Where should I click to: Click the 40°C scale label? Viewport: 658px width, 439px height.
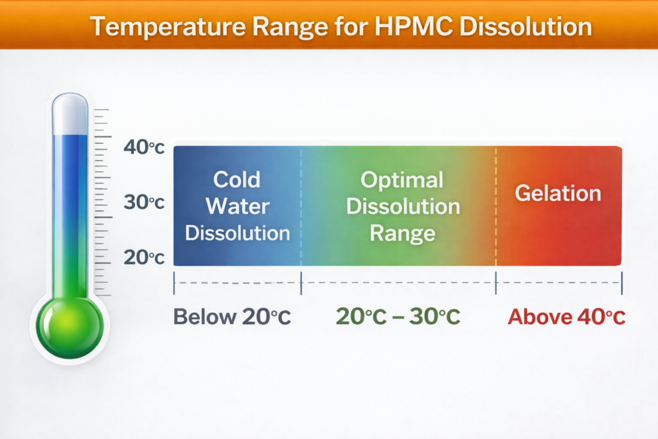pyautogui.click(x=144, y=148)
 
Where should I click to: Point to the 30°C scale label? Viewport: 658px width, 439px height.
pyautogui.click(x=144, y=202)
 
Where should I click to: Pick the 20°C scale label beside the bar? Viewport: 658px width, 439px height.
pyautogui.click(x=144, y=258)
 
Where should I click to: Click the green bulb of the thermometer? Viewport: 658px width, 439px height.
pyautogui.click(x=70, y=321)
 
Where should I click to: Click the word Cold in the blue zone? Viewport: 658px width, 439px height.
pyautogui.click(x=236, y=179)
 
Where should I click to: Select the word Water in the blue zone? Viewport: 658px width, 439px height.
pyautogui.click(x=237, y=206)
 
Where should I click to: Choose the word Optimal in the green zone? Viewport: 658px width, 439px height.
pyautogui.click(x=402, y=179)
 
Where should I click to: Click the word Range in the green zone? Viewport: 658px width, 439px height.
pyautogui.click(x=402, y=233)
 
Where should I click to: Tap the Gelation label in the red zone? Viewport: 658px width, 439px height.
pyautogui.click(x=558, y=193)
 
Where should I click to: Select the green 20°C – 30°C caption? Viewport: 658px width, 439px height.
pyautogui.click(x=398, y=317)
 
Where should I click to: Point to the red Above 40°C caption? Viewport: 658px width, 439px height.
pyautogui.click(x=566, y=317)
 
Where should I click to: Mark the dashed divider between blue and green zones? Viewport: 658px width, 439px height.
pyautogui.click(x=301, y=206)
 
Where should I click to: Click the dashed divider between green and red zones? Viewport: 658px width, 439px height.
pyautogui.click(x=496, y=206)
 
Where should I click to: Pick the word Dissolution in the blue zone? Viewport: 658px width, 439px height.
pyautogui.click(x=237, y=233)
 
